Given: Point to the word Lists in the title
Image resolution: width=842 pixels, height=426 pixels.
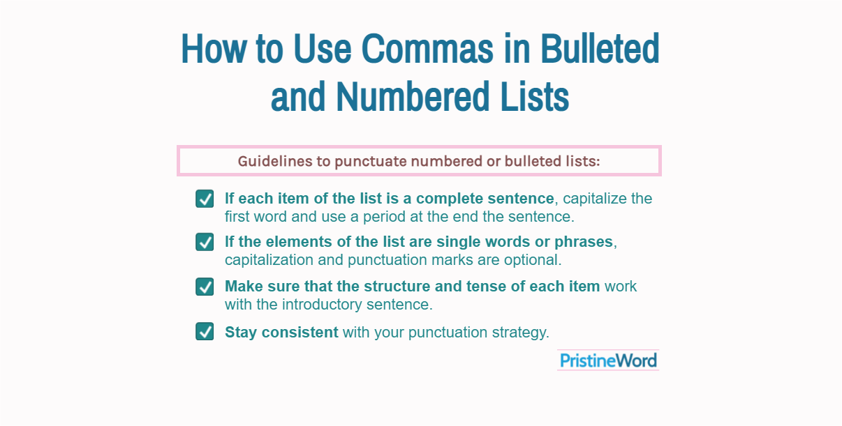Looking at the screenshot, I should pyautogui.click(x=535, y=97).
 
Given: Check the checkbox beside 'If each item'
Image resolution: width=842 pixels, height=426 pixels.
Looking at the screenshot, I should pyautogui.click(x=205, y=199).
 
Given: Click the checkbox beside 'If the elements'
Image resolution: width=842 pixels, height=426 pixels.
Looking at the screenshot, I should pyautogui.click(x=205, y=242).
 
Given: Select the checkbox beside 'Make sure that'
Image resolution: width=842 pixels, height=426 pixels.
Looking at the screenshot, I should pyautogui.click(x=205, y=287).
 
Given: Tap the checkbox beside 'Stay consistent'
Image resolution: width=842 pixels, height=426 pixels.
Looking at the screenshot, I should pyautogui.click(x=205, y=331).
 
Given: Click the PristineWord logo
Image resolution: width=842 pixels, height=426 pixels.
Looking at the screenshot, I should pyautogui.click(x=608, y=360).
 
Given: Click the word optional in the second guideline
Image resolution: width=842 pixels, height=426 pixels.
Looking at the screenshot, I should pyautogui.click(x=536, y=260).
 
